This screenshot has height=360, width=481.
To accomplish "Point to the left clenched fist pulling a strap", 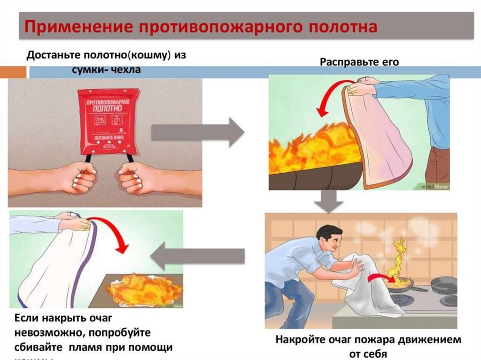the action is (78, 177).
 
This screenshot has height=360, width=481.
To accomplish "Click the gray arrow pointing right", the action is (198, 132).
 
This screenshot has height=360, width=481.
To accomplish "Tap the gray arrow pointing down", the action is (324, 201).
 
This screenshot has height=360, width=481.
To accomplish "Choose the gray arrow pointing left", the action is (197, 256).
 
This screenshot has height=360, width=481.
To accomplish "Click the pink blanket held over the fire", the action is (376, 136).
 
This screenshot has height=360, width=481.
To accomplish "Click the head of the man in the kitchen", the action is (331, 239).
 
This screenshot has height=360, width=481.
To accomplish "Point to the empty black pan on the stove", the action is (442, 284).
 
